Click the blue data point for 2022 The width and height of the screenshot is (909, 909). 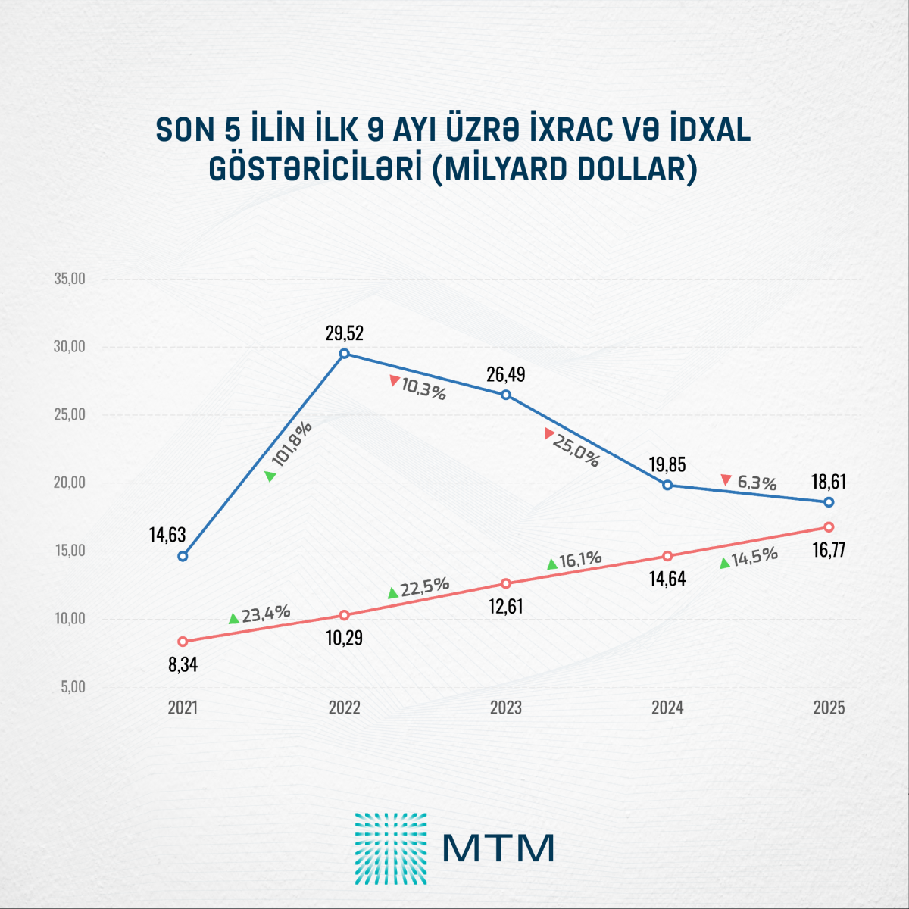[x=345, y=353]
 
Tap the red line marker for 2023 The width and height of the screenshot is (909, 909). [x=506, y=583]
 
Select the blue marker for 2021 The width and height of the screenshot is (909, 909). [x=183, y=556]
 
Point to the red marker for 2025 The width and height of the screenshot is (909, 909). [x=829, y=526]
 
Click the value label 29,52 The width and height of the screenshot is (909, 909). [x=345, y=333]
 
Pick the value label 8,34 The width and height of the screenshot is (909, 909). [x=183, y=665]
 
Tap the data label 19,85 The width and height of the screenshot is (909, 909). [x=667, y=464]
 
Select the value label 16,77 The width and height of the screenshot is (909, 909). [x=829, y=549]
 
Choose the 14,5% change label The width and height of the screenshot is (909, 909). [x=754, y=556]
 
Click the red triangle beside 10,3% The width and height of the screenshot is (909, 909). [x=394, y=380]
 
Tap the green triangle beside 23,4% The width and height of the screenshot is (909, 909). [x=234, y=619]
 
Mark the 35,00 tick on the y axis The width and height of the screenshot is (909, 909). [x=70, y=279]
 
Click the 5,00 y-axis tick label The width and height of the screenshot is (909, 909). [x=72, y=687]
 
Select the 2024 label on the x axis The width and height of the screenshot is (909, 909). [x=667, y=708]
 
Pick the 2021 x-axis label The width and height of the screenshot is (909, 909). [x=183, y=708]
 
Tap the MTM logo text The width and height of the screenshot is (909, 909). [x=498, y=848]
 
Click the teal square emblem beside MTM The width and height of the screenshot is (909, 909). [x=391, y=848]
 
